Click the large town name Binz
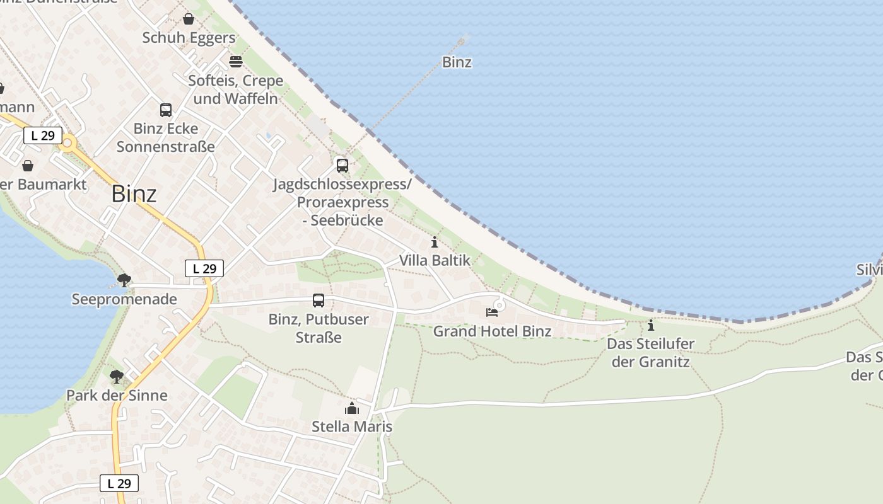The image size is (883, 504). click(x=134, y=194)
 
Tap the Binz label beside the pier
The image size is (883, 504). click(x=457, y=62)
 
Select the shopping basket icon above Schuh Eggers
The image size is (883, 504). click(x=188, y=20)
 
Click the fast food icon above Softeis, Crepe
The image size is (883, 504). click(x=236, y=62)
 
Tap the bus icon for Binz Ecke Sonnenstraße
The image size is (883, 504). click(x=166, y=110)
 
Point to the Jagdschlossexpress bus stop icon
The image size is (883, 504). click(x=342, y=166)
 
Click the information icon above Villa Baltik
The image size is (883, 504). click(x=434, y=242)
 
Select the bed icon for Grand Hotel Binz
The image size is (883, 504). click(x=492, y=312)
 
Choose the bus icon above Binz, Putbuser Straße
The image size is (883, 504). click(x=319, y=301)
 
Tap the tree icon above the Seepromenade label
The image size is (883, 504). click(x=124, y=280)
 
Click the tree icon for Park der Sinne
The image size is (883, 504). click(x=117, y=377)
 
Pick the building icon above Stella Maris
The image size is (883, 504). click(x=352, y=409)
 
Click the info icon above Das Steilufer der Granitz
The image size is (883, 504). click(x=651, y=326)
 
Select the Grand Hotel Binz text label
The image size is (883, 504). click(x=492, y=331)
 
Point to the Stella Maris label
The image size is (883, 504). click(x=352, y=427)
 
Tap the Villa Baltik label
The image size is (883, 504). click(x=435, y=260)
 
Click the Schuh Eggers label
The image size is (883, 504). click(x=189, y=38)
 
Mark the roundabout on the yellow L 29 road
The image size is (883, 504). click(x=67, y=143)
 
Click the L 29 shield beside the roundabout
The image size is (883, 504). click(x=43, y=135)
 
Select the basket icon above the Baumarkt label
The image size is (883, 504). click(x=28, y=166)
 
